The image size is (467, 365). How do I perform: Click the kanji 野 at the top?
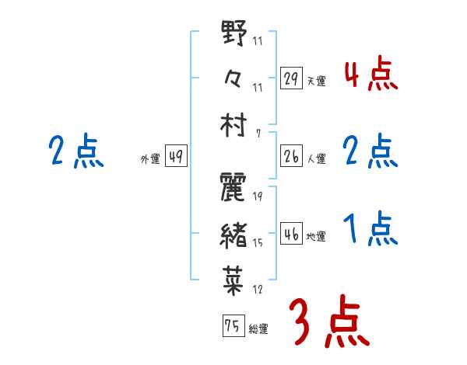click(234, 35)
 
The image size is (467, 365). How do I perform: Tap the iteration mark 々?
click(234, 79)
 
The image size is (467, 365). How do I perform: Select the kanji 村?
click(234, 126)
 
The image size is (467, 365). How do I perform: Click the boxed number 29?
click(291, 78)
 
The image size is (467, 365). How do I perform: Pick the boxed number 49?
click(176, 157)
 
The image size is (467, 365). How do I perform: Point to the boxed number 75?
click(232, 327)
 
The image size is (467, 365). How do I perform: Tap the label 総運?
click(258, 329)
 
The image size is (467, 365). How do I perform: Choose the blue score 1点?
click(370, 230)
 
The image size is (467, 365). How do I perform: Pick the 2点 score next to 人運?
click(370, 151)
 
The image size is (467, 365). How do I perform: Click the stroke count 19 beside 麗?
click(257, 197)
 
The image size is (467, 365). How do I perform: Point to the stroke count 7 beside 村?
click(258, 134)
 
